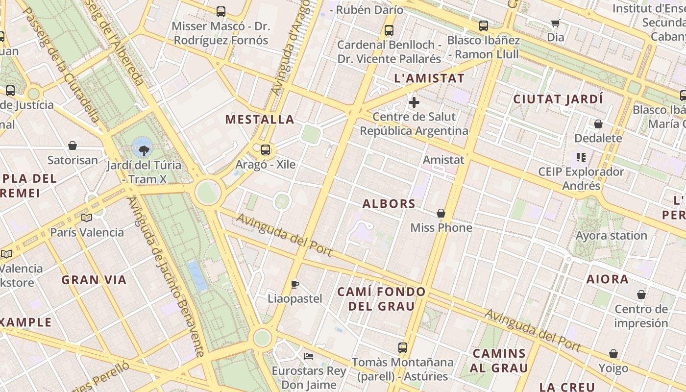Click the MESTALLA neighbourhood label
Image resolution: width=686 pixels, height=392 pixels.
pyautogui.click(x=260, y=120)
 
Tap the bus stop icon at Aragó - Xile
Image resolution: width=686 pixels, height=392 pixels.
pyautogui.click(x=266, y=150)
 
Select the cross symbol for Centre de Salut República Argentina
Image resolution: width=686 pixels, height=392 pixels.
pyautogui.click(x=414, y=102)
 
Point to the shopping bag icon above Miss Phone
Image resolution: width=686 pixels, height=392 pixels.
pyautogui.click(x=441, y=213)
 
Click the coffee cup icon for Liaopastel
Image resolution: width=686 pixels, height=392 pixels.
pyautogui.click(x=295, y=284)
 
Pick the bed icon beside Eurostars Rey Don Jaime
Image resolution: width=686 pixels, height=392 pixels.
pyautogui.click(x=308, y=356)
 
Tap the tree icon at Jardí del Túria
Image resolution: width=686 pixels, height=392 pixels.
pyautogui.click(x=144, y=150)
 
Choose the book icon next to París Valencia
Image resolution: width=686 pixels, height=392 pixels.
pyautogui.click(x=87, y=218)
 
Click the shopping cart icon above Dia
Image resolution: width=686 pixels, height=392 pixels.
pyautogui.click(x=556, y=23)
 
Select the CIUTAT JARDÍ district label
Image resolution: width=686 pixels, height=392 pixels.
pyautogui.click(x=558, y=99)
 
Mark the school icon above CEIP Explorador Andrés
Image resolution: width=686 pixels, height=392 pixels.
pyautogui.click(x=581, y=157)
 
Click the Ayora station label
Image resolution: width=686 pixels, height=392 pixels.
pyautogui.click(x=611, y=236)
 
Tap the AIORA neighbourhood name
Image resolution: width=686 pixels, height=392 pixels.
pyautogui.click(x=608, y=279)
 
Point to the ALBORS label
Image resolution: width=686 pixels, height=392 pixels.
pyautogui.click(x=389, y=204)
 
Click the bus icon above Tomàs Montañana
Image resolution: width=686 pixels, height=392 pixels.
pyautogui.click(x=403, y=348)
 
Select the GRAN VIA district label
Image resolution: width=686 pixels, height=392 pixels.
pyautogui.click(x=94, y=280)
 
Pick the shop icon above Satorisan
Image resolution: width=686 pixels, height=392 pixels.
pyautogui.click(x=73, y=146)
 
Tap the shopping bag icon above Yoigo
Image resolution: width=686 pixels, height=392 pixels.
pyautogui.click(x=613, y=354)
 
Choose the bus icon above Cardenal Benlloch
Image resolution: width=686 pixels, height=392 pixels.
pyautogui.click(x=389, y=30)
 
